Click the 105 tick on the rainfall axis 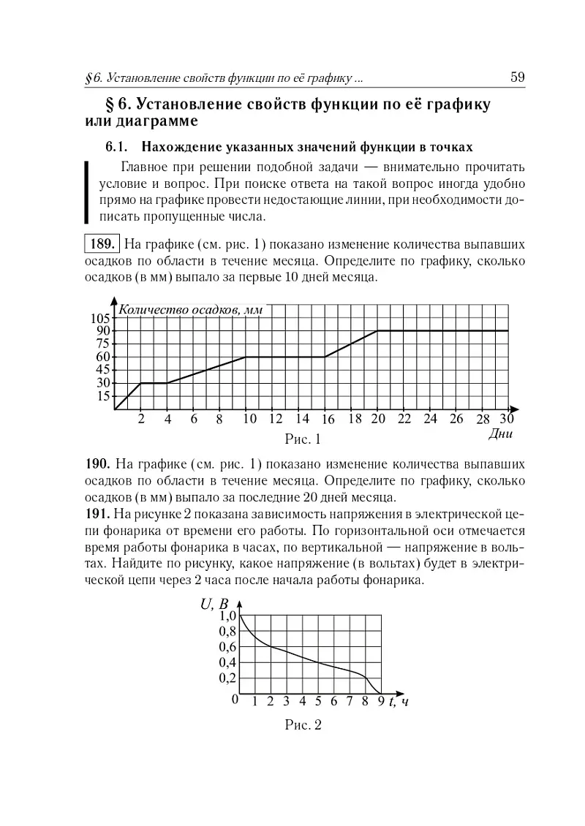(x=100, y=318)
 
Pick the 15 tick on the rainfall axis (x=103, y=396)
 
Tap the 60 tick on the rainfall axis (x=103, y=357)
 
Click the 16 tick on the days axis (x=328, y=420)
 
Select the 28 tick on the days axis (x=483, y=420)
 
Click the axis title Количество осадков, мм (x=190, y=309)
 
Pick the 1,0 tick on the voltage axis (x=227, y=616)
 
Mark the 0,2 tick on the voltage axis (x=227, y=678)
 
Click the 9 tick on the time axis (x=381, y=703)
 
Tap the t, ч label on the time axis (x=399, y=703)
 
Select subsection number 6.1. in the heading (x=118, y=145)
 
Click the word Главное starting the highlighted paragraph (x=143, y=165)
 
